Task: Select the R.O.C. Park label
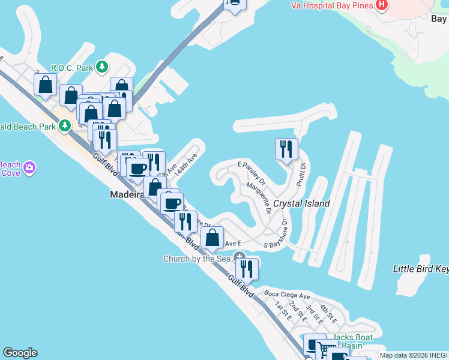(x=72, y=67)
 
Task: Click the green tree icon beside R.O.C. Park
(x=103, y=67)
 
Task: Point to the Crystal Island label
(x=301, y=203)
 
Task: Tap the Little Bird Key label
(x=420, y=269)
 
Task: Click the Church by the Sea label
(x=196, y=259)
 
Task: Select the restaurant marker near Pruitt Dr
(x=286, y=149)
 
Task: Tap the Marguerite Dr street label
(x=259, y=199)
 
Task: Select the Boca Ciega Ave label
(x=287, y=295)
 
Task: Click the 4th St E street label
(x=328, y=313)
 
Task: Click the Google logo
(x=20, y=353)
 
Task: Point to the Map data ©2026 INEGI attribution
(x=414, y=356)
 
